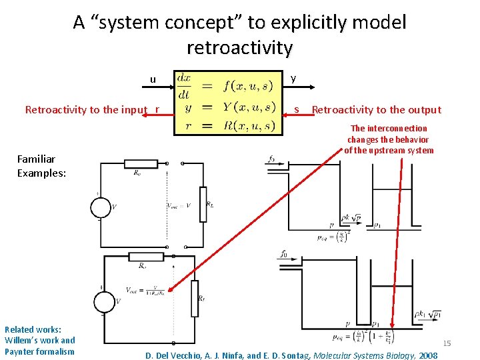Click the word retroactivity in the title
(239, 48)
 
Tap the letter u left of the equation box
(153, 79)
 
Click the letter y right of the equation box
(293, 79)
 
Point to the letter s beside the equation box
(297, 110)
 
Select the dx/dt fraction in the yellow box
(184, 85)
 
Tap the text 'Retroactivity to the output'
(376, 110)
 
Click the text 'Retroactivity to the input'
(85, 110)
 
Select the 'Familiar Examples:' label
(37, 165)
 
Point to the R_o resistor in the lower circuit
(141, 257)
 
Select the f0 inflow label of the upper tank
(271, 159)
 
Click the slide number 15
(447, 343)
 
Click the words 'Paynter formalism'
(39, 351)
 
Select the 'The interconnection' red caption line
(389, 128)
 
